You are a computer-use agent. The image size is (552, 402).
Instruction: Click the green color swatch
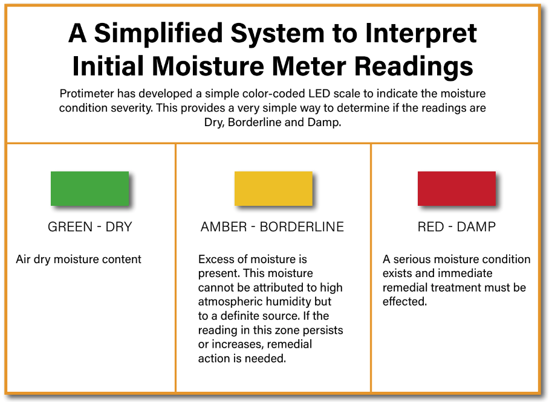coord(89,188)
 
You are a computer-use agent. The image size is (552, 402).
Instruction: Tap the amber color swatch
coord(273,188)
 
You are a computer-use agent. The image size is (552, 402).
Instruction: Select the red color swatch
coord(456,188)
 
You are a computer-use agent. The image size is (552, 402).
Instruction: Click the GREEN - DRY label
coord(89,228)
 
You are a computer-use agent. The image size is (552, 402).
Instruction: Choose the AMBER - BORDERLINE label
coord(272,228)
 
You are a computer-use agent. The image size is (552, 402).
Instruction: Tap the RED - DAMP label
coord(456,228)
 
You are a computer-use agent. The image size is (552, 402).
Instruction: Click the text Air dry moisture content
coord(79,260)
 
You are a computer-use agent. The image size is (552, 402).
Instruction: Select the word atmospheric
coord(229,301)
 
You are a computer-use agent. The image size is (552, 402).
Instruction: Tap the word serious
coord(413,260)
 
